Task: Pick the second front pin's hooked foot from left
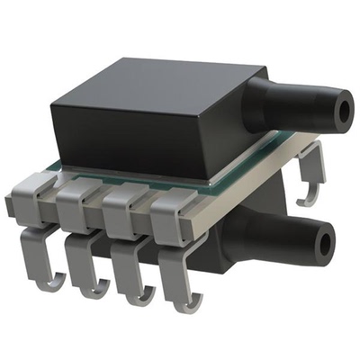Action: (90, 286)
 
